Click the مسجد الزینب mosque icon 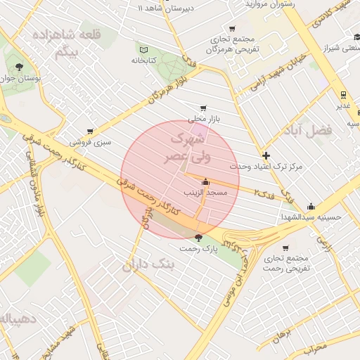pyautogui.click(x=205, y=181)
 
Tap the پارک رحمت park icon pyautogui.click(x=198, y=238)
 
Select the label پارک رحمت pyautogui.click(x=199, y=249)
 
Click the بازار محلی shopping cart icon pyautogui.click(x=203, y=108)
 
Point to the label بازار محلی pyautogui.click(x=205, y=120)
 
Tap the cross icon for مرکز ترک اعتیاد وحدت pyautogui.click(x=265, y=155)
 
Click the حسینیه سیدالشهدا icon pyautogui.click(x=311, y=206)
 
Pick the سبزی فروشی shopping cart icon pyautogui.click(x=90, y=131)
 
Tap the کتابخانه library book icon pyautogui.click(x=144, y=50)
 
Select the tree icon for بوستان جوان pyautogui.click(x=19, y=67)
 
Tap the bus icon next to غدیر pyautogui.click(x=343, y=94)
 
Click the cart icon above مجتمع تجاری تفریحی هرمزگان pyautogui.click(x=232, y=29)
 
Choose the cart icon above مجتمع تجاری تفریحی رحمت pyautogui.click(x=285, y=247)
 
